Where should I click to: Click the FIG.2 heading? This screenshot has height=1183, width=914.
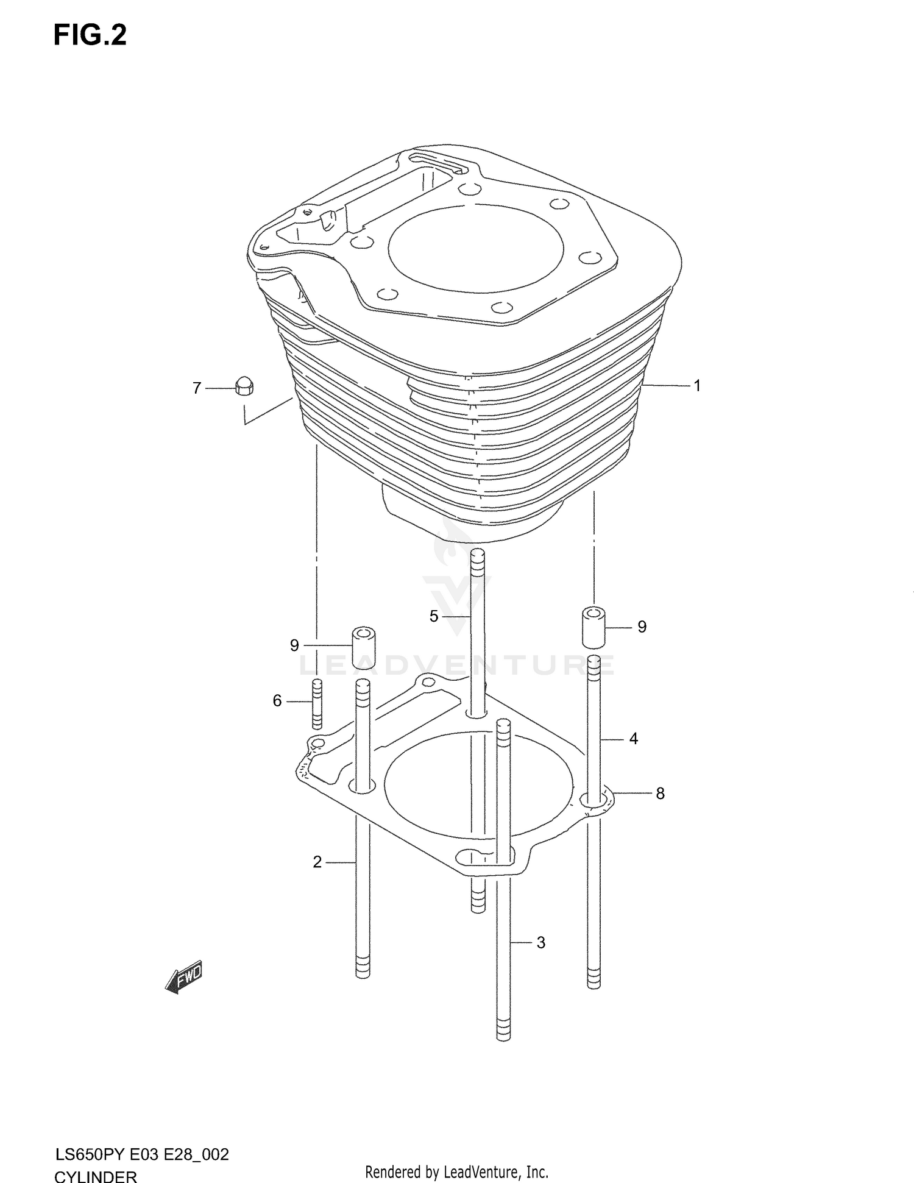pos(90,35)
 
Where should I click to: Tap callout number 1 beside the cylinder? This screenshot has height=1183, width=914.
pos(697,386)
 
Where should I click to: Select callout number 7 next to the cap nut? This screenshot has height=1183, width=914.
pos(197,388)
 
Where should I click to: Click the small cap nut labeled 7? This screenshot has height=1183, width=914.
pos(244,387)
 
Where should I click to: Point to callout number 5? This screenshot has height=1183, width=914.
pos(434,616)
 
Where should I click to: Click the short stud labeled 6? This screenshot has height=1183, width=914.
pos(316,703)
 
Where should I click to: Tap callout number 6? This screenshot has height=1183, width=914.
pos(277,702)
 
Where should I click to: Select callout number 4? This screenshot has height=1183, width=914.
pos(634,739)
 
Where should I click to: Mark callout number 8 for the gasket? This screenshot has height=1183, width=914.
pos(660,794)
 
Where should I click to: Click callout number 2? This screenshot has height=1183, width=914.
pos(317,862)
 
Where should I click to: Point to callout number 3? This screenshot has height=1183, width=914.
pos(541,943)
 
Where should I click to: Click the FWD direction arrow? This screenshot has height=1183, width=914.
pos(183,981)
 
